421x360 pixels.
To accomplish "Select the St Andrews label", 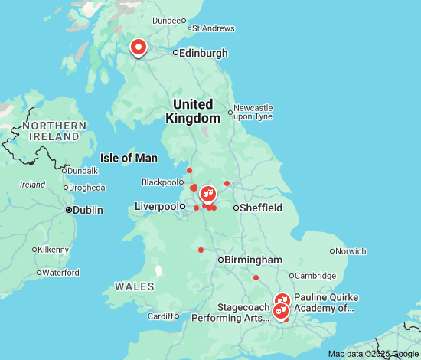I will tap(215, 28).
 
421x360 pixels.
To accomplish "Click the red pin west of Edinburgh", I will tap(139, 47).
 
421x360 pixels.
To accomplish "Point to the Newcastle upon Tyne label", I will tap(253, 112).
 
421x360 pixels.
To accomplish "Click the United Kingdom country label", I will tap(193, 111).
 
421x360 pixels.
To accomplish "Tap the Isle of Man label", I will tap(129, 158).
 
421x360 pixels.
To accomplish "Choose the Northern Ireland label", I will tap(54, 130).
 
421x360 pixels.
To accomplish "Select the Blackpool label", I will tap(158, 182).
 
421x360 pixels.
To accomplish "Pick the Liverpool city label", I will tap(157, 206).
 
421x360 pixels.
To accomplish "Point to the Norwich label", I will tap(351, 250).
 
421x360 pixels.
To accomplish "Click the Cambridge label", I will tap(316, 276).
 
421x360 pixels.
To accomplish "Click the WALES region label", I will tap(134, 286).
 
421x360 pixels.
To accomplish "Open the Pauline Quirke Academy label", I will tap(326, 303).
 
